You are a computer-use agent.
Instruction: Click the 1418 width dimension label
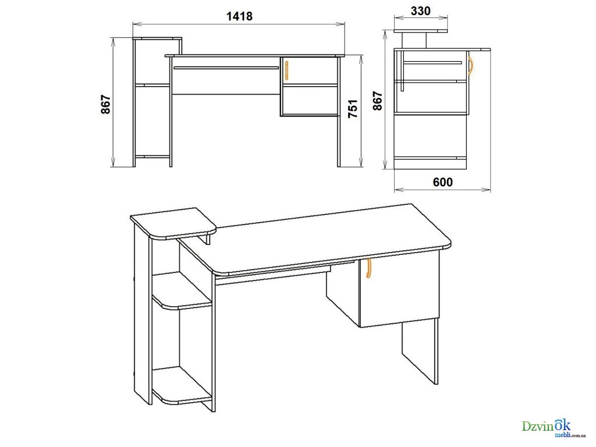coord(239,16)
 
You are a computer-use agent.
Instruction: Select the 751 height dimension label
coord(353,108)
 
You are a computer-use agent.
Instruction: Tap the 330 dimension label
coord(421,10)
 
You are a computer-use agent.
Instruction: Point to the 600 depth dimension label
coord(443,182)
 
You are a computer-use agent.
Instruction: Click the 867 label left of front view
coord(105,104)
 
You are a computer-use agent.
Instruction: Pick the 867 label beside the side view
coord(377,101)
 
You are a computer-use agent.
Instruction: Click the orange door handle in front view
coord(286,71)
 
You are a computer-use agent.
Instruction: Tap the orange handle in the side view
coord(470,66)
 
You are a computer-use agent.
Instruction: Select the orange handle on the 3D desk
coord(368,268)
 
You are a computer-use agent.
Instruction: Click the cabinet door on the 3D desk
coord(399,290)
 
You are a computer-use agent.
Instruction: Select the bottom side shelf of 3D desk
coord(182,385)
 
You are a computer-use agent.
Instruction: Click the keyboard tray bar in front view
coord(226,68)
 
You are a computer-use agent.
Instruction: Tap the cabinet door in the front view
coord(309,71)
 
